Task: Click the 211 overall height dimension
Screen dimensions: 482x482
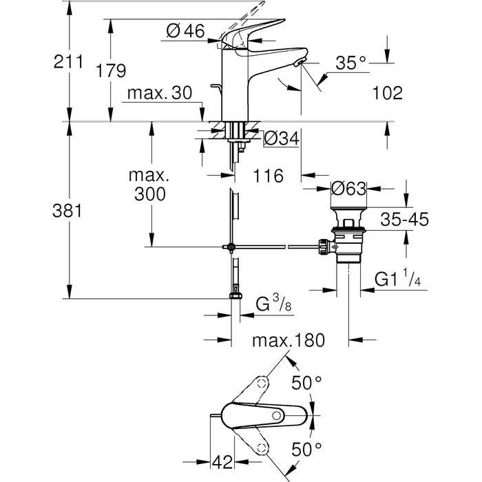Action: [69, 61]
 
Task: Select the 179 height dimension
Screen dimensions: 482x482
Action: [111, 70]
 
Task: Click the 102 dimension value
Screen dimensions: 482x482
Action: [388, 93]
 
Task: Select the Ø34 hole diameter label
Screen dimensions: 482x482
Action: [280, 138]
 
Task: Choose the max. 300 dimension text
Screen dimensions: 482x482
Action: [146, 185]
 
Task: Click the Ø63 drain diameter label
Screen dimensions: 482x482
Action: [348, 188]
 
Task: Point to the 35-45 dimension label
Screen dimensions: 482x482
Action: [405, 220]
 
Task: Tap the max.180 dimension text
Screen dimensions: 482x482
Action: [287, 340]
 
